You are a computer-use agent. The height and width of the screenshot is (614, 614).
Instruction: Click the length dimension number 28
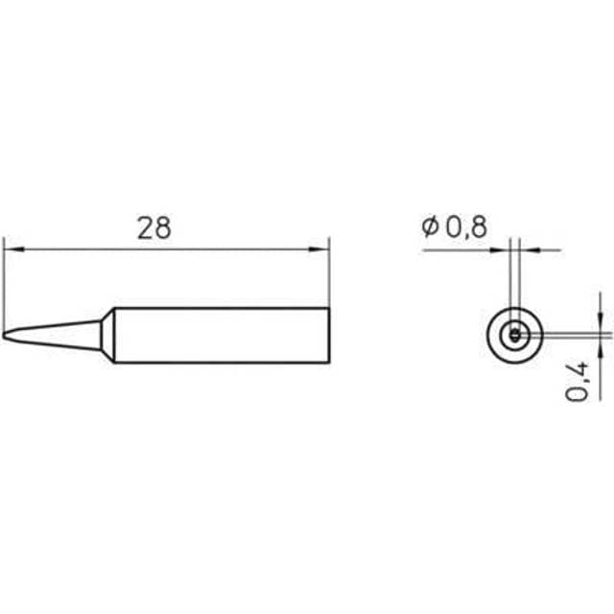click(x=153, y=228)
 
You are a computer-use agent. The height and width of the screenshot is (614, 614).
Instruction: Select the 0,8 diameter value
click(x=466, y=227)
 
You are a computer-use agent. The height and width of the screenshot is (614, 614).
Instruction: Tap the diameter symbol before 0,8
click(x=428, y=227)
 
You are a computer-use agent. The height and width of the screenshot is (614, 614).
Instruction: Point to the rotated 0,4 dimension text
click(x=578, y=381)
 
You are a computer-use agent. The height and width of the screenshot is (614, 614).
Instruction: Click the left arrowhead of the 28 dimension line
click(x=11, y=249)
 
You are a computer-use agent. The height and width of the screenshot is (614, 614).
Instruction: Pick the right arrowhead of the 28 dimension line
click(x=321, y=249)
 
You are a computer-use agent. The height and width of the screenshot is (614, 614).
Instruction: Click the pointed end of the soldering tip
click(x=5, y=336)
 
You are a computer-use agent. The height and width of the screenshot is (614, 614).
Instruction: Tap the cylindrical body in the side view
click(x=221, y=336)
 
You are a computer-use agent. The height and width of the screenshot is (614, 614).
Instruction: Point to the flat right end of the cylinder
click(x=329, y=336)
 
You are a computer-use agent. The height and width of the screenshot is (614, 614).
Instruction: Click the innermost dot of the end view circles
click(x=515, y=335)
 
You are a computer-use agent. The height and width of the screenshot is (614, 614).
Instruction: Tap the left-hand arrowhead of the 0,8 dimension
click(x=506, y=249)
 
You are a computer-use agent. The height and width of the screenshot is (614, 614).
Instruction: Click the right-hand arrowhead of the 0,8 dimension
click(x=524, y=249)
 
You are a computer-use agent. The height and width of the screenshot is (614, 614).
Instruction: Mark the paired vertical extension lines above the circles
click(x=515, y=273)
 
